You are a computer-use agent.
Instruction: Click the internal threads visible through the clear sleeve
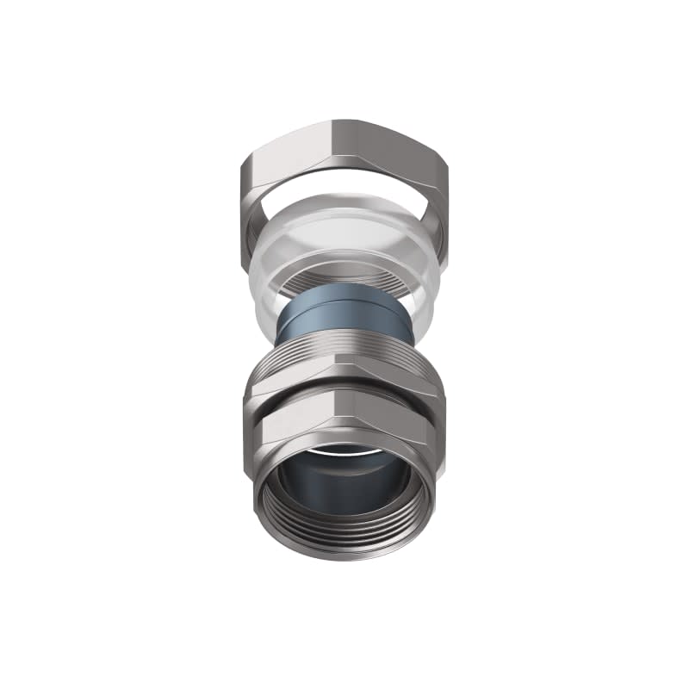344,277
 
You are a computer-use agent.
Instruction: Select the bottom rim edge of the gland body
344,556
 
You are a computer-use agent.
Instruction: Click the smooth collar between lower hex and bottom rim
258,469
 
